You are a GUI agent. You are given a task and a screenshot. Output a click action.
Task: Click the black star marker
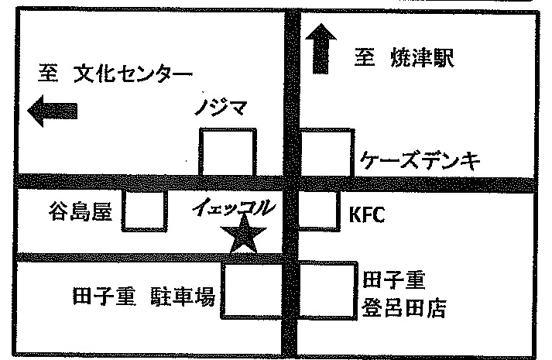tap(244, 235)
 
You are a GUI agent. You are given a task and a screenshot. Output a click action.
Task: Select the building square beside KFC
tap(317, 211)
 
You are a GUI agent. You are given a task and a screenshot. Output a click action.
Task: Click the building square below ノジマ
tap(228, 153)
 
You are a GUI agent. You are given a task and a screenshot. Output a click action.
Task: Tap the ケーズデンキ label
tap(421, 161)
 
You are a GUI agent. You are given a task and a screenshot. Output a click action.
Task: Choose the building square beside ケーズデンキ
tap(326, 153)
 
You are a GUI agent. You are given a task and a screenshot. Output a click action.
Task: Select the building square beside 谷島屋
tap(144, 211)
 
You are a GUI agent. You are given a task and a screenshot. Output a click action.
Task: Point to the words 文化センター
tap(132, 76)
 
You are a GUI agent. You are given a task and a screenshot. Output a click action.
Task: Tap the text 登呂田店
tap(404, 310)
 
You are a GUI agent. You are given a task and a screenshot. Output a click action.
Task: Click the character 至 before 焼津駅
tap(365, 58)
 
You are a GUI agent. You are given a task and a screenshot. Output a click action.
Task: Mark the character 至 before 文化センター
tap(47, 76)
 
